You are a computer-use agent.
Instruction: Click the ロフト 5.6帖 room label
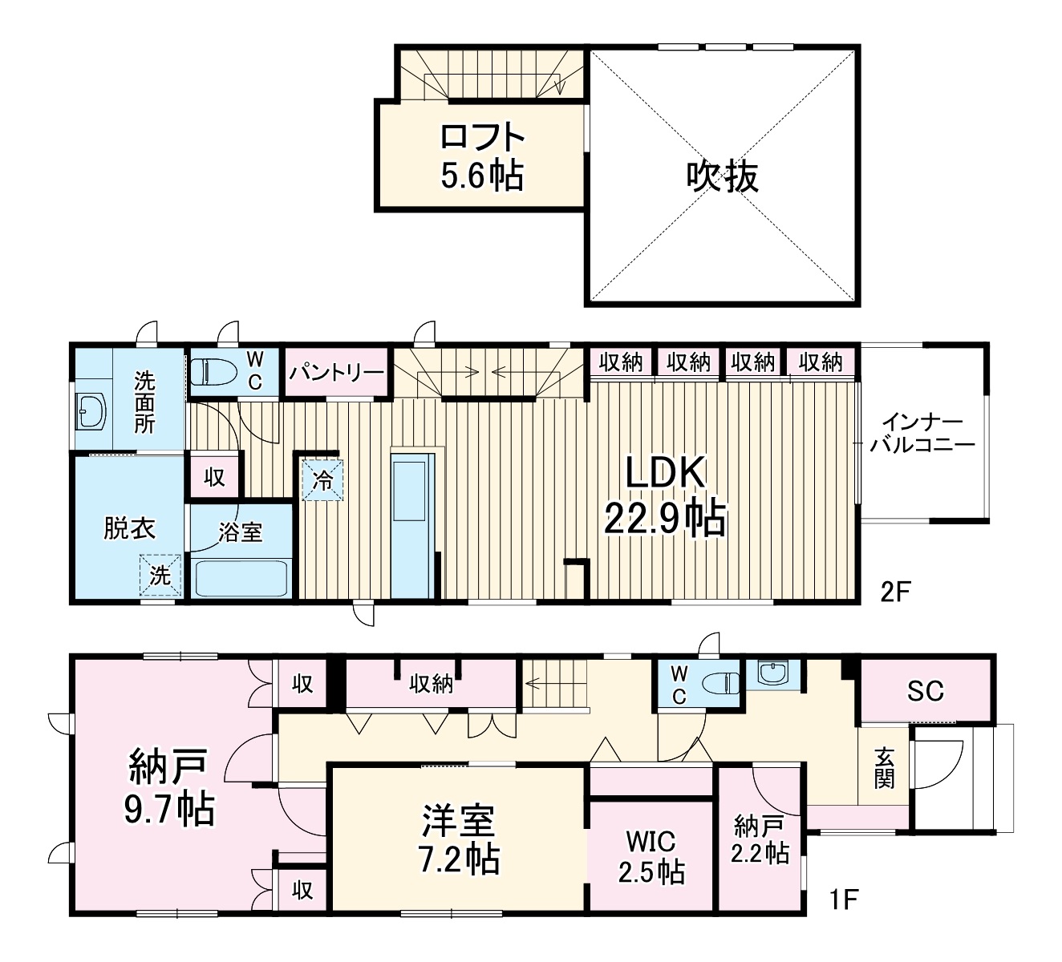point(482,156)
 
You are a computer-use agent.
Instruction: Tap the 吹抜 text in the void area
point(723,176)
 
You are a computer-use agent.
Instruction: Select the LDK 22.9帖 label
point(665,495)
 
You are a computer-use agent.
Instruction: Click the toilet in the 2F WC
point(213,372)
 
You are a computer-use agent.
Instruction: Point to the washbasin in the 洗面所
point(91,410)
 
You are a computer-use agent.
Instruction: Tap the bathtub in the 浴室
point(241,578)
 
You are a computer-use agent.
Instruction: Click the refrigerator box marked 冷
point(322,480)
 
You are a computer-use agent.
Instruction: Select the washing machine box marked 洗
point(160,575)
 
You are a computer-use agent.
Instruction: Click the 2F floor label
point(895,592)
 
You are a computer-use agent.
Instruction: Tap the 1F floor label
point(844,899)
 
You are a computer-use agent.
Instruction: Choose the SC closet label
point(925,690)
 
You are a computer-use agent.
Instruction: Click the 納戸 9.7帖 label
point(169,786)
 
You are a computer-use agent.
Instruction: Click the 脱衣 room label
point(129,528)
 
